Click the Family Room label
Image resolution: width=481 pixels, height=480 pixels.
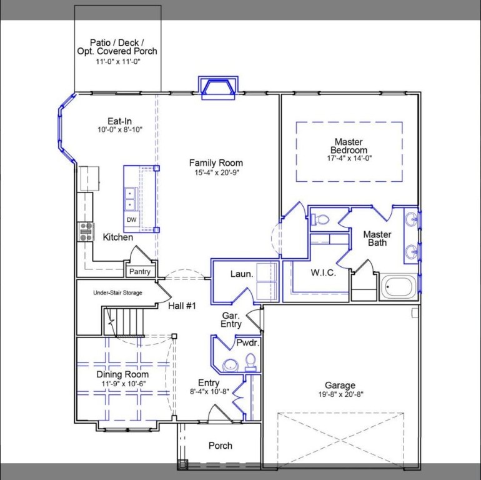click(216, 163)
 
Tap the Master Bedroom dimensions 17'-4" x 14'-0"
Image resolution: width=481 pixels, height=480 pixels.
click(349, 159)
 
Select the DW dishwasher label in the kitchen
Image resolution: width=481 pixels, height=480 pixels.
click(131, 220)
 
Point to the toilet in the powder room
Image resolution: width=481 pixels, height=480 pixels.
click(250, 361)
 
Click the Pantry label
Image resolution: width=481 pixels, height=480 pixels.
click(139, 272)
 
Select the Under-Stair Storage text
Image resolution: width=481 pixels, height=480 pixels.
click(117, 292)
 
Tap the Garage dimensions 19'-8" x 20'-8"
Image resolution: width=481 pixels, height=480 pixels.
click(340, 394)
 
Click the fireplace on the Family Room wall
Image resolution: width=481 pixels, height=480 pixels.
click(218, 87)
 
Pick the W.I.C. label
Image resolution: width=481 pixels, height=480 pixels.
click(323, 273)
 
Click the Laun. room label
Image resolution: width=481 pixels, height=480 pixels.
click(241, 274)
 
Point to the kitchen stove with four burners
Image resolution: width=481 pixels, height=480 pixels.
click(86, 232)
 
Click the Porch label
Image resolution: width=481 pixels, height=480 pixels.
click(220, 446)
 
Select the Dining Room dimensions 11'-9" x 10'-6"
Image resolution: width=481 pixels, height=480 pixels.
click(122, 384)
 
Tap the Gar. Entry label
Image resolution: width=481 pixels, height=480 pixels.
click(231, 320)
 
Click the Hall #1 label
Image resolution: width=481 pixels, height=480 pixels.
click(182, 306)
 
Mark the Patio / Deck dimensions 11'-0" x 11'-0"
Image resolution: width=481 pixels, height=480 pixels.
click(117, 62)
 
